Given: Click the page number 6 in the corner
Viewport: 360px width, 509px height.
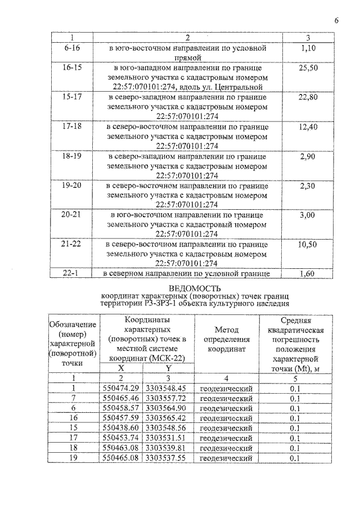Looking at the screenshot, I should [x=336, y=21].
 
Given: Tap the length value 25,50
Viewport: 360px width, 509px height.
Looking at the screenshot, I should [x=308, y=67].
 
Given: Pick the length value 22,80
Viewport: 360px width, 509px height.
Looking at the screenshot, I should [x=308, y=97].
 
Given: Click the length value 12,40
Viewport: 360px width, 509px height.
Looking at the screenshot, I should [x=308, y=127].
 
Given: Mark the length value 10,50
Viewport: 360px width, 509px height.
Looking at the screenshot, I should [x=308, y=244].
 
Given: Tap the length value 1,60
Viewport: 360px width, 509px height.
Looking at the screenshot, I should [x=308, y=273].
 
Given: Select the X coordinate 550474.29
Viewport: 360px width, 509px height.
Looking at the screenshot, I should [x=121, y=388].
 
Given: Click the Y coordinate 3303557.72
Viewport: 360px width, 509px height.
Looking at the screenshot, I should [x=166, y=398].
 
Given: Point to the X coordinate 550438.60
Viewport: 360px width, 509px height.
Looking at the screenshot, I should [x=121, y=428].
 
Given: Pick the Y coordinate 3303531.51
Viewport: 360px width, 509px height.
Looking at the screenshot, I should [x=166, y=438].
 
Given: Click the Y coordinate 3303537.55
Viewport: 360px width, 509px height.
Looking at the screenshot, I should [x=166, y=458].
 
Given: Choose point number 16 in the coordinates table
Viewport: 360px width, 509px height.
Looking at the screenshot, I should [x=74, y=418].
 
